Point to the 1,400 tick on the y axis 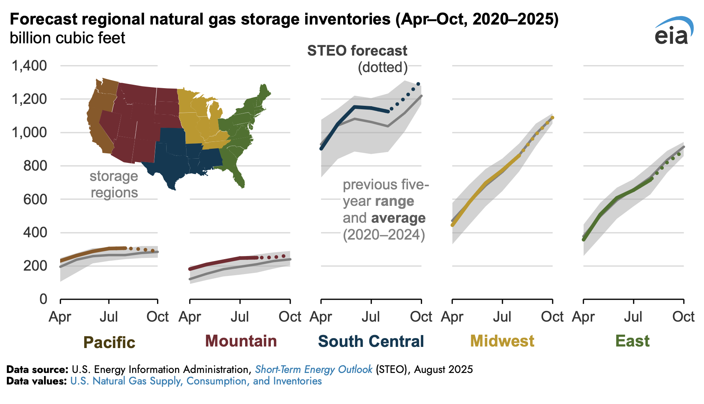pos(29,66)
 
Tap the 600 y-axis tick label pos(35,199)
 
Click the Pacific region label pos(109,342)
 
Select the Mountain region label pos(241,341)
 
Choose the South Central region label pos(371,341)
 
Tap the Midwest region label pos(502,341)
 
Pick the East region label pos(632,341)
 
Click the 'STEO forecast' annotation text pos(357,51)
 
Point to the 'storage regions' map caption pos(114,184)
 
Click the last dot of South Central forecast pos(418,84)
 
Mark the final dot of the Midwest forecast pos(552,118)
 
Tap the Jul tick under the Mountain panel pos(240,317)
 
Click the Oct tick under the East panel pos(683,317)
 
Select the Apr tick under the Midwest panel pos(452,317)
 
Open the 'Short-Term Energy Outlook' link pos(313,370)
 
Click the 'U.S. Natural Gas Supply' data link pos(196,381)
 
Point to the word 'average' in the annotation pos(398,218)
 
